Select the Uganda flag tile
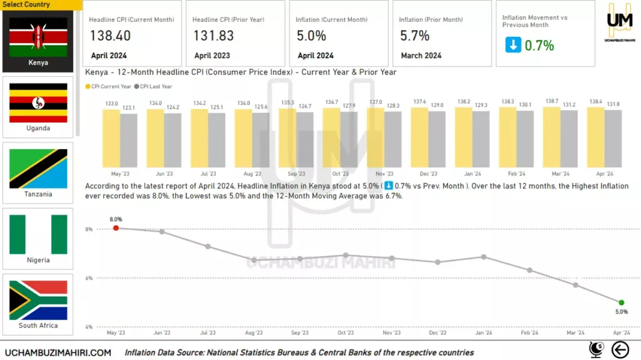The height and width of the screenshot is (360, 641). tap(38, 103)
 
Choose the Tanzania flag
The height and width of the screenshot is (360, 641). tap(38, 168)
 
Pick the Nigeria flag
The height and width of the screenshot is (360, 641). tap(38, 234)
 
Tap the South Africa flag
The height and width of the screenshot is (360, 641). tap(38, 300)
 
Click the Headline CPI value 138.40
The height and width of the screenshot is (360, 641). tap(110, 36)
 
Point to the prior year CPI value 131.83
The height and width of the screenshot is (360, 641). tap(213, 36)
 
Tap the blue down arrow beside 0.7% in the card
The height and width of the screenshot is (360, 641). tap(513, 45)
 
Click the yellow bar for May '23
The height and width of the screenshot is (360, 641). tap(111, 138)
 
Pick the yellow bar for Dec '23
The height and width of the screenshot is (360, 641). tap(419, 137)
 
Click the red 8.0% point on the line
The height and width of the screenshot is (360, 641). tap(116, 228)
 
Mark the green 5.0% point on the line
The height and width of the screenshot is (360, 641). tap(621, 302)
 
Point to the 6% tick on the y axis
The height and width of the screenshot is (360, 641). tap(89, 278)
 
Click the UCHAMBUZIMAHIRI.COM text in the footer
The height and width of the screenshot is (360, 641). tap(58, 352)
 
